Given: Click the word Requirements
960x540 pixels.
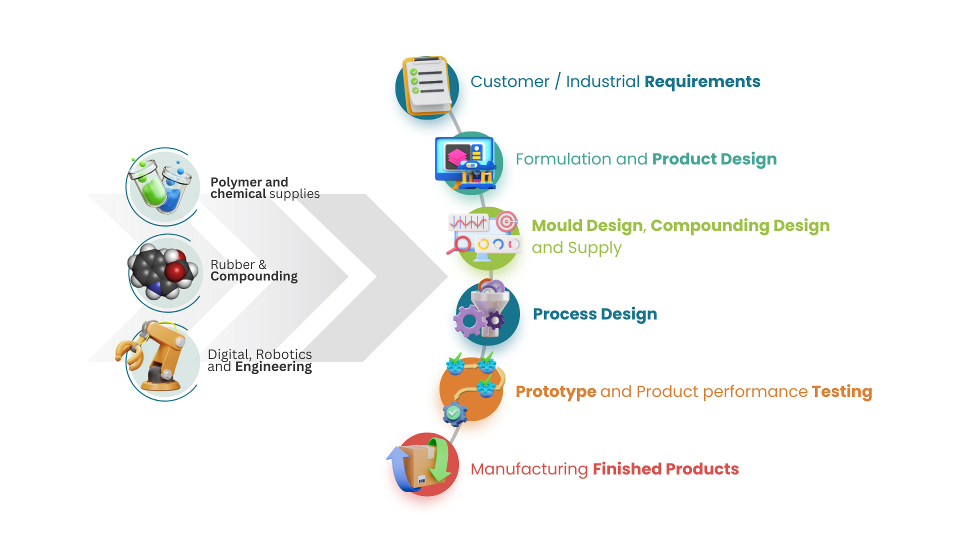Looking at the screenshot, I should click(x=702, y=81).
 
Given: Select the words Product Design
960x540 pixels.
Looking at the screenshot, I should click(x=714, y=159).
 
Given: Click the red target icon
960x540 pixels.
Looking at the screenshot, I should click(x=506, y=221).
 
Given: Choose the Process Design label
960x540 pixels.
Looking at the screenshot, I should click(x=594, y=314).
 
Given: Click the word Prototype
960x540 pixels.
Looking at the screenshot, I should click(x=555, y=391).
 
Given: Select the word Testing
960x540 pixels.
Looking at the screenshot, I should click(x=841, y=391).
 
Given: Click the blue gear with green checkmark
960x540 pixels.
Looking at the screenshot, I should click(x=454, y=413).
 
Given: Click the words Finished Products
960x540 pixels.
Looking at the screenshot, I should click(x=665, y=469).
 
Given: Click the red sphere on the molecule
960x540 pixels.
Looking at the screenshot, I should click(x=175, y=271).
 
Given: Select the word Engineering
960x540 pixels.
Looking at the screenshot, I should click(x=273, y=367).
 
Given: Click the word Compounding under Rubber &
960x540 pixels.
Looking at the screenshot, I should click(x=253, y=276).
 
